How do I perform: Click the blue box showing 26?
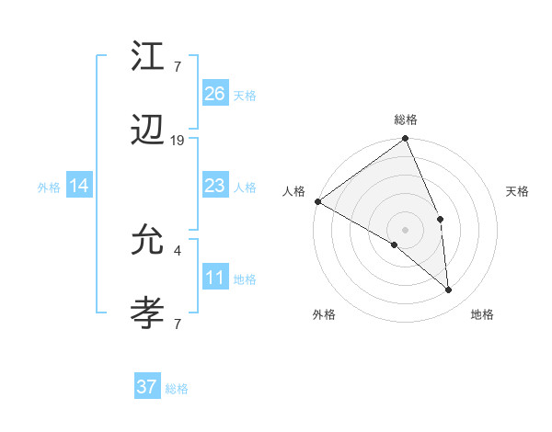click(215, 93)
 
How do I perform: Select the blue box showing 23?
click(215, 186)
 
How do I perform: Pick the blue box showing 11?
click(215, 279)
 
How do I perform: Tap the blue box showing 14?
click(79, 186)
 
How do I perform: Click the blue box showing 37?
click(147, 387)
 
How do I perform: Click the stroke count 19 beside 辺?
click(178, 141)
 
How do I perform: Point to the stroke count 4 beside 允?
click(177, 249)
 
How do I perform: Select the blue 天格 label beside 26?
click(245, 95)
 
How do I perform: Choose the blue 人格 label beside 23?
click(245, 188)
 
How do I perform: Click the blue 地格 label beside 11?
click(245, 279)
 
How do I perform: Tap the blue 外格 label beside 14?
click(49, 188)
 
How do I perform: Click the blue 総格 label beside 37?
click(177, 389)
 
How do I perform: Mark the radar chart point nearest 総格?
click(405, 139)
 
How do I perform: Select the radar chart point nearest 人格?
click(317, 201)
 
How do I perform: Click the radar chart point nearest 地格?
click(448, 290)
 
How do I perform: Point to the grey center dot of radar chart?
click(405, 229)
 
